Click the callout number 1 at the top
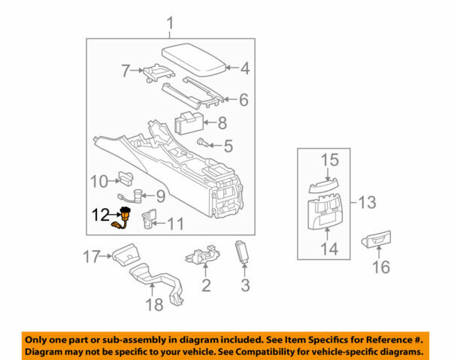(170, 28)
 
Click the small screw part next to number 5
(202, 142)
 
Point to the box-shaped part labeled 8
(187, 122)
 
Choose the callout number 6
(244, 98)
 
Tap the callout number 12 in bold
(102, 214)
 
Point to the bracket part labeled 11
(148, 218)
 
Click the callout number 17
(91, 258)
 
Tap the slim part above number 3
(242, 250)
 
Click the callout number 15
(331, 159)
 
